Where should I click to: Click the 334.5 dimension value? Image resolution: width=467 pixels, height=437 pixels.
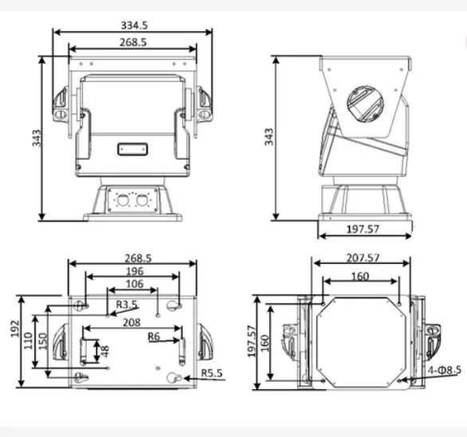pyautogui.click(x=132, y=26)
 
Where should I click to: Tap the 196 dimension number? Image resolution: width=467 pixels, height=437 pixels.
pyautogui.click(x=133, y=270)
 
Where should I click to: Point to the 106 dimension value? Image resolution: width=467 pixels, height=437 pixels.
pyautogui.click(x=135, y=284)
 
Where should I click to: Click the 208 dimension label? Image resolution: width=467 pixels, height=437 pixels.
pyautogui.click(x=131, y=322)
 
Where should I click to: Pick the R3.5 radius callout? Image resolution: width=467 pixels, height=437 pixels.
pyautogui.click(x=127, y=304)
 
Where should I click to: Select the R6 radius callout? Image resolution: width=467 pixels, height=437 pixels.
pyautogui.click(x=155, y=337)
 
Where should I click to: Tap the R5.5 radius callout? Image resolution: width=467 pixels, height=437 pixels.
pyautogui.click(x=211, y=372)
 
